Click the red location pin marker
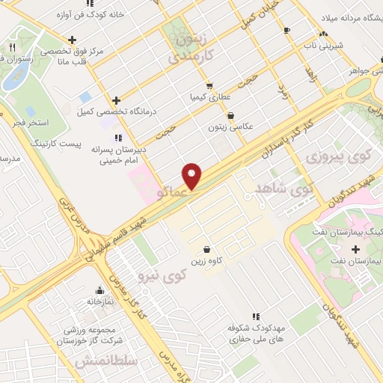click(x=192, y=175)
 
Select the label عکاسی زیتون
click(x=231, y=127)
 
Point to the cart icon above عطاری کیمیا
click(x=209, y=85)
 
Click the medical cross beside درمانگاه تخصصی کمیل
click(x=116, y=100)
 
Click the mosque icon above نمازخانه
click(x=99, y=290)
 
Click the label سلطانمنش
click(x=106, y=362)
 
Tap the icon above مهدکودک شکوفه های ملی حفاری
click(x=257, y=316)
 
